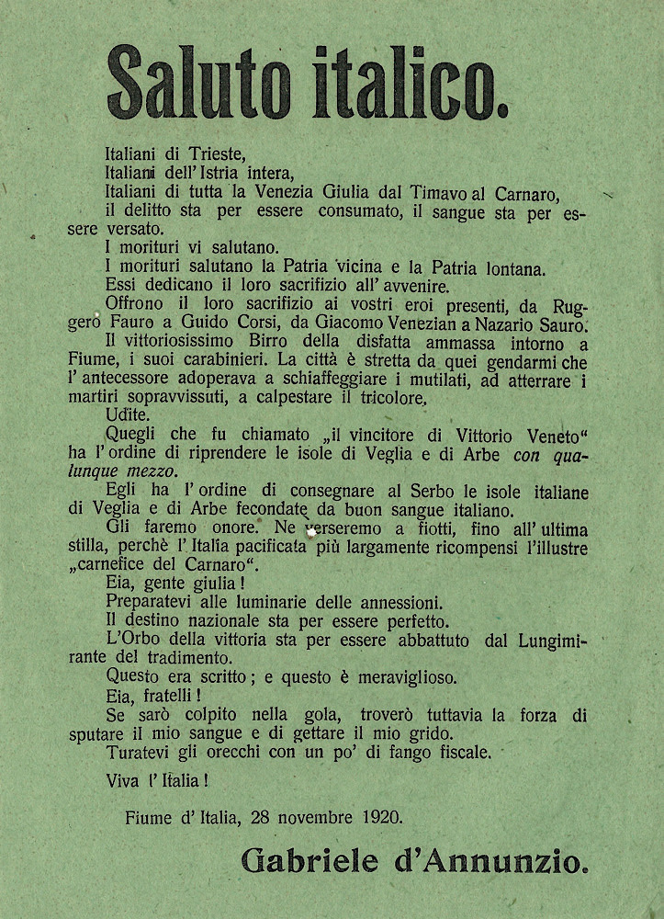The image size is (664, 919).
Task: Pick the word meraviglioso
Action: click(x=405, y=676)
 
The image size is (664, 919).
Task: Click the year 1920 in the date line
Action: click(x=378, y=815)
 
